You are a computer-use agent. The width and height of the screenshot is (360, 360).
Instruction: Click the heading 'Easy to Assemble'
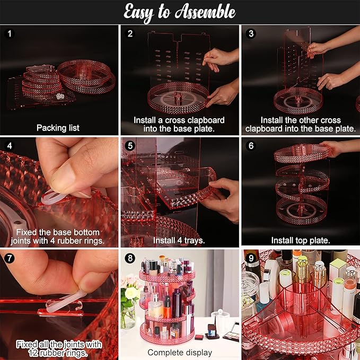point(179,12)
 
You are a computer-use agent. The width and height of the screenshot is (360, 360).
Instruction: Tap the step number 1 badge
point(10,34)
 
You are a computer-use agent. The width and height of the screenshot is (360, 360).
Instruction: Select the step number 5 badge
point(130,146)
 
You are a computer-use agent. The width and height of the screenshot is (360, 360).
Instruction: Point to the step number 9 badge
point(251,258)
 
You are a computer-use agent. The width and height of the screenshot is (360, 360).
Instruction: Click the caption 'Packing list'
point(58,128)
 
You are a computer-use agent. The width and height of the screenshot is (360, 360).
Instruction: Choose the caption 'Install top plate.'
point(301,240)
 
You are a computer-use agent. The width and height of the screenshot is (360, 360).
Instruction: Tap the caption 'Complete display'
point(180,352)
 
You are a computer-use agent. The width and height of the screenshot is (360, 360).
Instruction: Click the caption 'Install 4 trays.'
point(179,240)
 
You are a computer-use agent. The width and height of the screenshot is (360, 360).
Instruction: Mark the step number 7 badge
point(10,258)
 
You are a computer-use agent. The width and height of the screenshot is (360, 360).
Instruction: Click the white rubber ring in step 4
point(53,198)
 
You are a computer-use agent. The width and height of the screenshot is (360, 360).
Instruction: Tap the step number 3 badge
point(251,34)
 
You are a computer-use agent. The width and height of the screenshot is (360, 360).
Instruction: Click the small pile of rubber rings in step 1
point(60,96)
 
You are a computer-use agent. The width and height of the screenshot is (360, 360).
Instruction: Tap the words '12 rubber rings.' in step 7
point(58,353)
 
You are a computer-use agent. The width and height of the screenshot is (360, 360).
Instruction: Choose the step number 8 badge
point(130,258)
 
